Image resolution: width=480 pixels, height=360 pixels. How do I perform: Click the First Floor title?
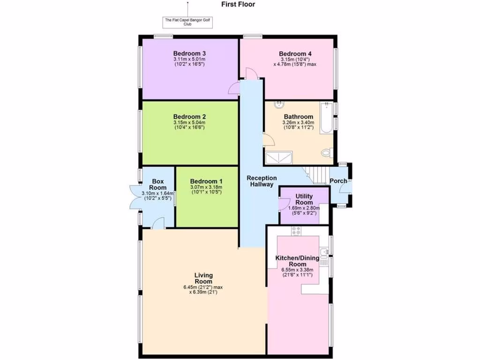point(238,5)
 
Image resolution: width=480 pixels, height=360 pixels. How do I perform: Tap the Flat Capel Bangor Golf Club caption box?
point(187,22)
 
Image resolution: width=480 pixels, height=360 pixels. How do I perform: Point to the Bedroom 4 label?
point(295,54)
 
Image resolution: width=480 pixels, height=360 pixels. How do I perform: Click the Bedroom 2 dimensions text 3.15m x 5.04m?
point(189,123)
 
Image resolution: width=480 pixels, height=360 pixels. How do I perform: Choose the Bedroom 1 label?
point(206,181)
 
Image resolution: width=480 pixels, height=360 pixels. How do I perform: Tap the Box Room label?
point(158,184)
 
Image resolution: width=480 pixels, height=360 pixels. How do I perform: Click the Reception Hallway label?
point(262,181)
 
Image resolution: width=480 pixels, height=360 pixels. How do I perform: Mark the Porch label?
point(338,181)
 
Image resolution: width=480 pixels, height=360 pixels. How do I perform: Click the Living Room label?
point(204,278)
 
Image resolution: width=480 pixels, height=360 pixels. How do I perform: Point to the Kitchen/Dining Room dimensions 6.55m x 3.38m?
point(297,270)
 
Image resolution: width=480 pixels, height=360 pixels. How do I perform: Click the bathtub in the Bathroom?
point(326,119)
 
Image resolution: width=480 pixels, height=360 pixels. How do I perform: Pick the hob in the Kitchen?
point(296,230)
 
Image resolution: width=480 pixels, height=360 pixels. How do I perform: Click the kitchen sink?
point(323,256)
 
